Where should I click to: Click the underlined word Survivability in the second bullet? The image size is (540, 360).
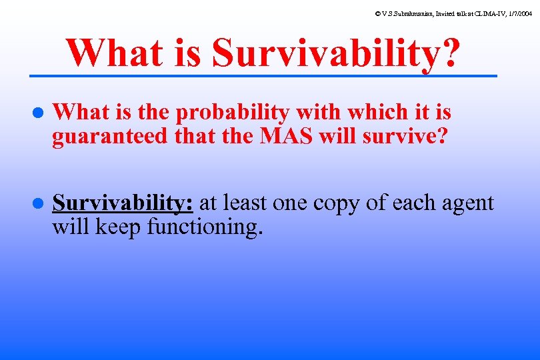123,203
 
